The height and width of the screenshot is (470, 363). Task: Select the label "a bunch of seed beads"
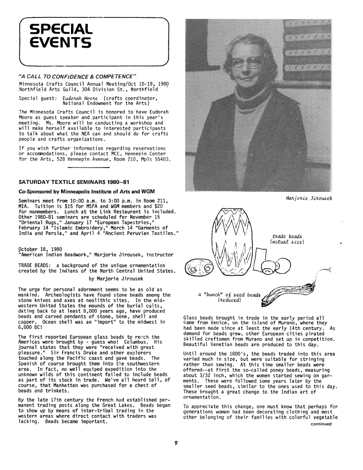tap(229, 295)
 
